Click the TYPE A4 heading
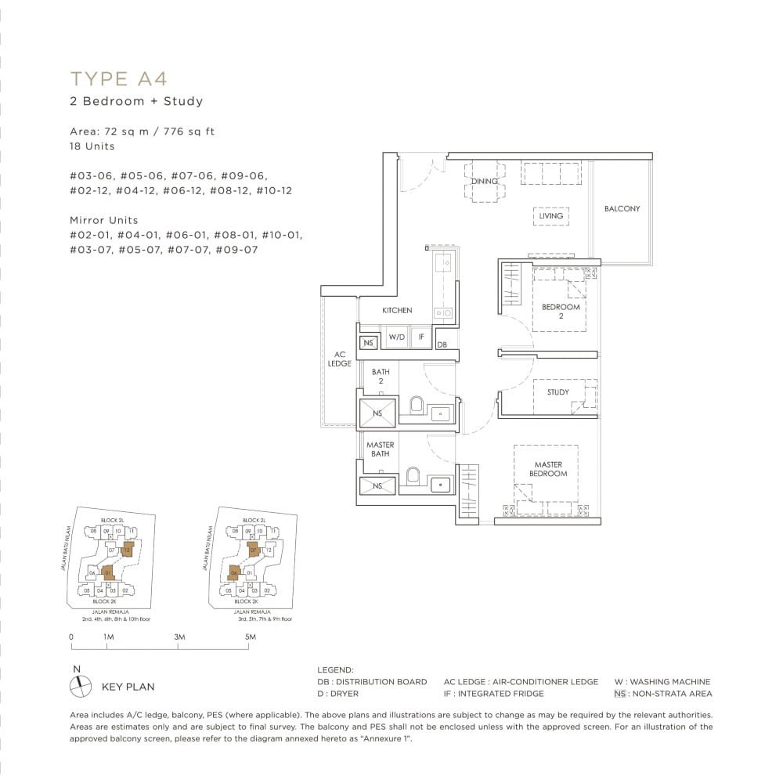point(119,78)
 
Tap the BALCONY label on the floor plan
point(622,209)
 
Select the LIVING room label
point(550,216)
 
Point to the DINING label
point(484,182)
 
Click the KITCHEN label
point(397,311)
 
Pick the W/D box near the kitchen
point(397,337)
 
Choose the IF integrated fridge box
point(421,337)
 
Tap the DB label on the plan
point(442,345)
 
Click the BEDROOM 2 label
point(561,312)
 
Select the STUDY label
point(558,392)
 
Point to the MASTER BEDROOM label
point(548,469)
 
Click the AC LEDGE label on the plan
point(340,359)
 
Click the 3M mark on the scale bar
point(179,637)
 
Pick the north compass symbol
point(80,686)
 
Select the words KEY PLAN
point(128,687)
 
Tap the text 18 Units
point(92,146)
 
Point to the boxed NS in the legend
point(620,694)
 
